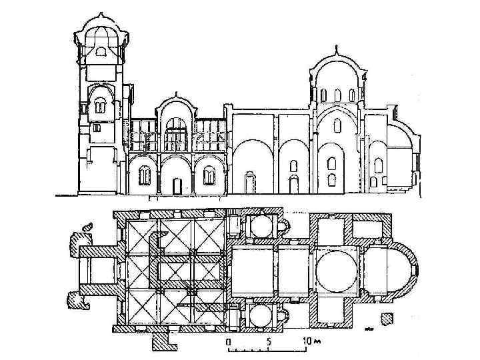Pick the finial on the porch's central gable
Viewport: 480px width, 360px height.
175,94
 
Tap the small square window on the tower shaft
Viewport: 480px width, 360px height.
97,127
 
